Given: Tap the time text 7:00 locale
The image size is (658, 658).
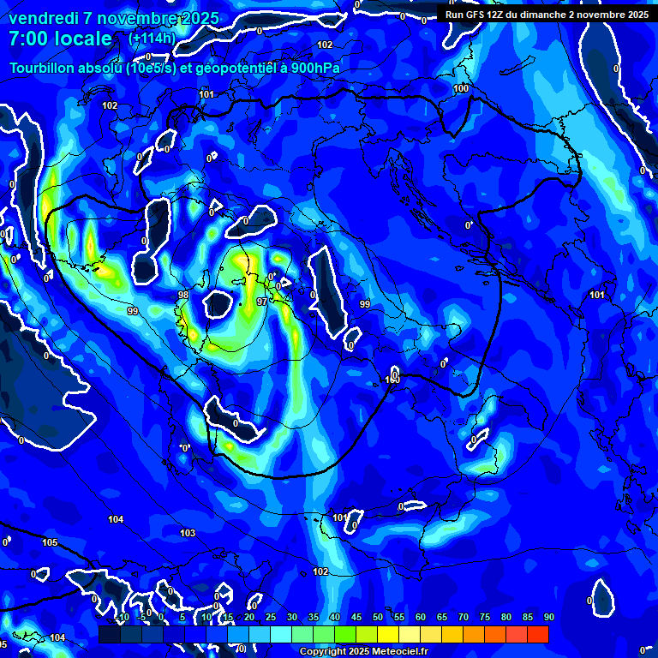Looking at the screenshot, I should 60,39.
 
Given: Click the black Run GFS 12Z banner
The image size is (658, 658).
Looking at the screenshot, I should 546,14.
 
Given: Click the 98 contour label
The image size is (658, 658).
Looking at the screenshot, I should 182,295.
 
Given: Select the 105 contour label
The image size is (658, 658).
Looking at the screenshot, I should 50,542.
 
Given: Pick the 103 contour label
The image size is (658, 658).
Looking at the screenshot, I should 188,533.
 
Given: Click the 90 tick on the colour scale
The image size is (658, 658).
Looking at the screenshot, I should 548,617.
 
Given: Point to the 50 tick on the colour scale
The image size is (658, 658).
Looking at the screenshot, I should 378,617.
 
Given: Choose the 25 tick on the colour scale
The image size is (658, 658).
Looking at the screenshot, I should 271,617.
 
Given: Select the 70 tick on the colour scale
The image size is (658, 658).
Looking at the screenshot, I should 464,617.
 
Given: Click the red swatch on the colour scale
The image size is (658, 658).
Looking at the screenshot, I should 537,634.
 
